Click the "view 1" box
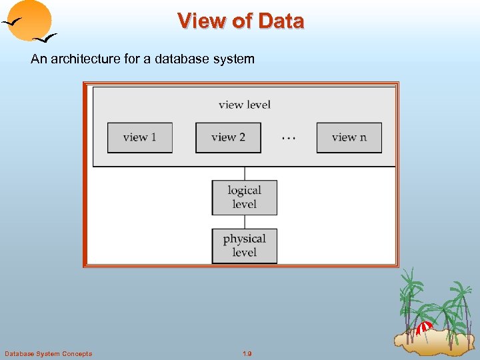[140, 137]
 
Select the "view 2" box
[228, 137]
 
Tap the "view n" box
[349, 137]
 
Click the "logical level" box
[245, 197]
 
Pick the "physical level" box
[245, 245]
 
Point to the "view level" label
[245, 105]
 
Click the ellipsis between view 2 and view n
[289, 138]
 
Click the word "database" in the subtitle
[183, 59]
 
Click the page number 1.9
[247, 353]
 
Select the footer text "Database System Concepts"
[48, 353]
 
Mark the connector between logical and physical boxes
[245, 222]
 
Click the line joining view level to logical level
[245, 173]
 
